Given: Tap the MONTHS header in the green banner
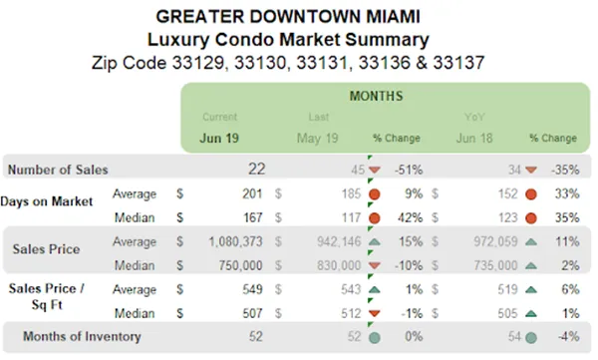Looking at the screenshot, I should (376, 98).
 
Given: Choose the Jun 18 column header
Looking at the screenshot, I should (475, 138).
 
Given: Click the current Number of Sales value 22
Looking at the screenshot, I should (258, 170).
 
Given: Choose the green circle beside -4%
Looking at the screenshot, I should (531, 338).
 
